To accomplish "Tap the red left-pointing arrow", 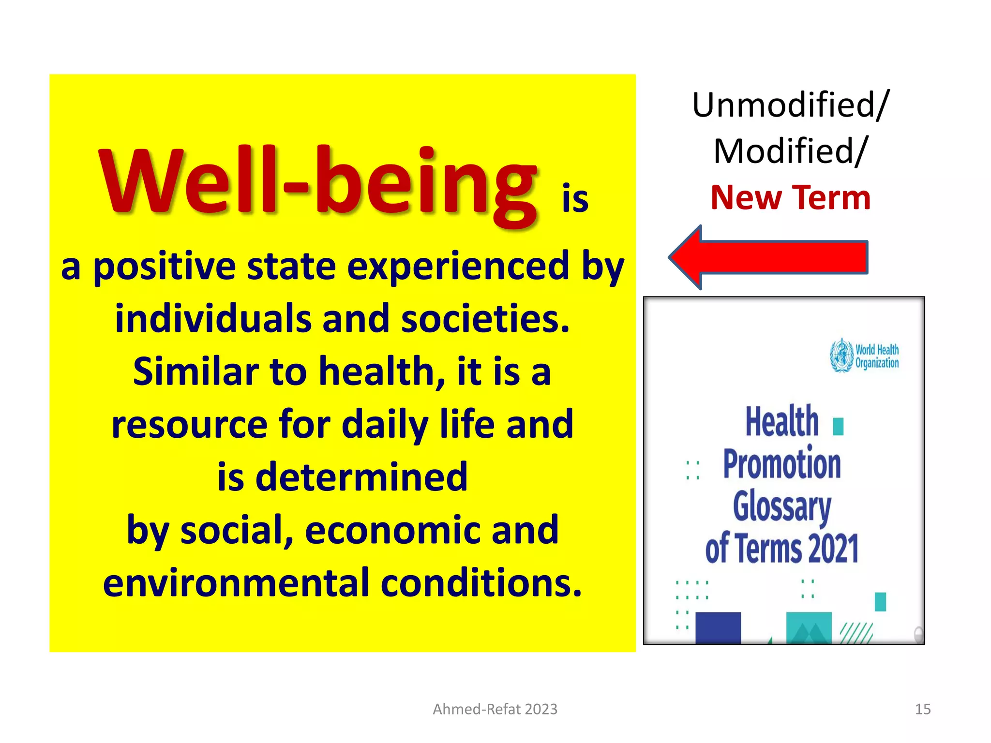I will (x=768, y=257).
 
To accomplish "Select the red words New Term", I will (x=790, y=198).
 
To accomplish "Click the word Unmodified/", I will (x=790, y=105).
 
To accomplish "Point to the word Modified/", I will (x=790, y=151).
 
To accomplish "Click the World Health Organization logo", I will (x=864, y=356).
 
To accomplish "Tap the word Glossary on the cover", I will (x=781, y=506).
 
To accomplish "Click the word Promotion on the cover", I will (x=781, y=464).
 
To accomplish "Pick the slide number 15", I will (x=922, y=709).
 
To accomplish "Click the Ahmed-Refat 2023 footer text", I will (x=495, y=709).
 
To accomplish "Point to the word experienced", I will (x=458, y=267).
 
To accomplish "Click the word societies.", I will (x=485, y=319).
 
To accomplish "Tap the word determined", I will (x=361, y=477).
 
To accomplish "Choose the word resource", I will (x=189, y=424).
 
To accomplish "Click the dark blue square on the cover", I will (x=718, y=627).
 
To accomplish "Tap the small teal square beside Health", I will (x=838, y=427).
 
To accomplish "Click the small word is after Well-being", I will (x=575, y=199).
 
